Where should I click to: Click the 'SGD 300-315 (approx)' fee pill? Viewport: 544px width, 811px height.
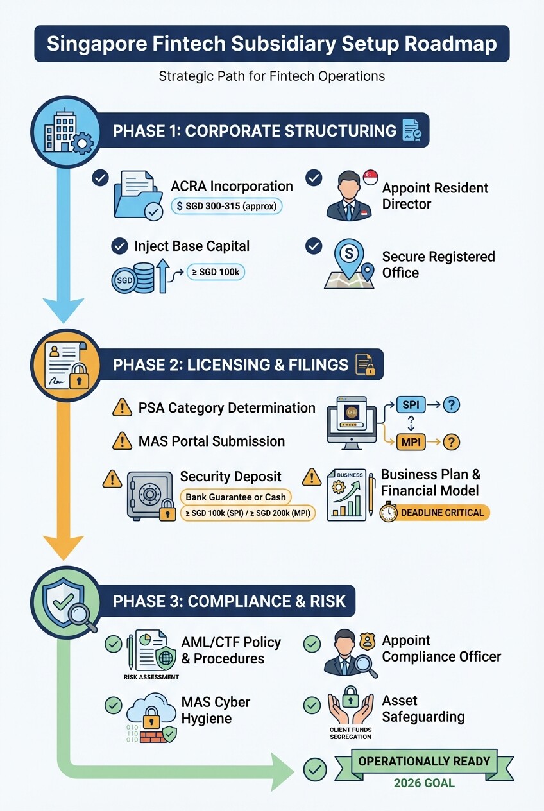(226, 206)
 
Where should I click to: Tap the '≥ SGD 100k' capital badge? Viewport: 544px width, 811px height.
(216, 272)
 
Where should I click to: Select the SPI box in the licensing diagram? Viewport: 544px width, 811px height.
(409, 405)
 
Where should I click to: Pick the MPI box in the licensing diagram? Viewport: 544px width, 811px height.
(409, 442)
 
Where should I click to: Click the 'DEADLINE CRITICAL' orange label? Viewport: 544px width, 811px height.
(443, 513)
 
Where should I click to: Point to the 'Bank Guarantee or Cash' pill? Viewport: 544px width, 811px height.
(235, 497)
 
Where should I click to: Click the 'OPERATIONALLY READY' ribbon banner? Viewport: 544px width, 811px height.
(424, 762)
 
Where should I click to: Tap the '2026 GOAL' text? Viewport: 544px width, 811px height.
(424, 783)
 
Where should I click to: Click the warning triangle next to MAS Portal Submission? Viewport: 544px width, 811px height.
(122, 441)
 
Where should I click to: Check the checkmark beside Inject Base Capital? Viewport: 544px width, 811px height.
(119, 246)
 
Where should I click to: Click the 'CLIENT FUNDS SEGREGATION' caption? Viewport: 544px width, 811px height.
(350, 733)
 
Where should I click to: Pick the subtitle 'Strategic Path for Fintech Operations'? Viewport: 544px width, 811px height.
(272, 76)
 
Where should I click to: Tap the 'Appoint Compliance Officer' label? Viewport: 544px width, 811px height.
(441, 648)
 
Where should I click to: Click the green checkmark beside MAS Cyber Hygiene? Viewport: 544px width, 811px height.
(114, 704)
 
